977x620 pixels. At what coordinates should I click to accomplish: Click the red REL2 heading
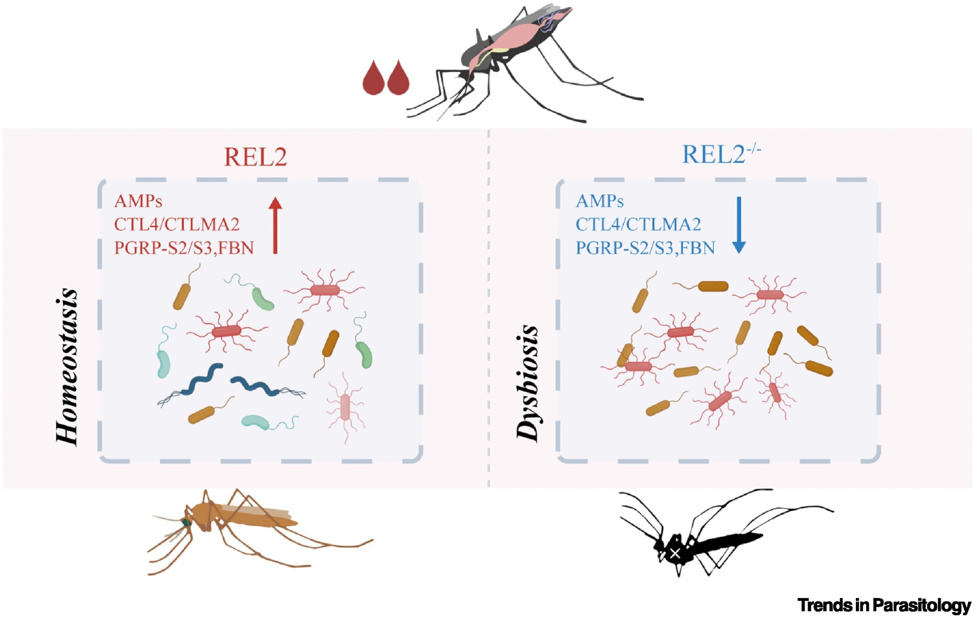click(x=255, y=157)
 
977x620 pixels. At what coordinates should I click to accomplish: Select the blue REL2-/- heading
click(x=720, y=155)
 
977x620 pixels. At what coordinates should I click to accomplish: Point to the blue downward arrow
click(x=739, y=225)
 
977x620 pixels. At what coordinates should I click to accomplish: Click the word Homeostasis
click(x=67, y=366)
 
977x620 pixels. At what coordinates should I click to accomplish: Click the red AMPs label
click(x=138, y=201)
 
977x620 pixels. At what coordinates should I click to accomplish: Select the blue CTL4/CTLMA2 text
click(x=638, y=224)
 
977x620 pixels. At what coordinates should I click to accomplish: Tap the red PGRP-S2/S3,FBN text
click(x=184, y=248)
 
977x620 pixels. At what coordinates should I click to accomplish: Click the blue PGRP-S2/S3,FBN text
click(x=645, y=248)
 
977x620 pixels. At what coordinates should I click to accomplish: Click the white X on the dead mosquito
click(x=675, y=554)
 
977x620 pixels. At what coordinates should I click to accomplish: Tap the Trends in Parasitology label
click(x=884, y=605)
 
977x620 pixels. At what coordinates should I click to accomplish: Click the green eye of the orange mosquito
click(x=187, y=523)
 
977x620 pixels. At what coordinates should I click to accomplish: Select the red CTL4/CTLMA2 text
click(x=176, y=224)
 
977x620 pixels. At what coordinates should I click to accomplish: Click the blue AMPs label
click(x=599, y=201)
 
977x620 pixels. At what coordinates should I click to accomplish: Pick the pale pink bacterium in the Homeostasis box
click(x=345, y=406)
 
